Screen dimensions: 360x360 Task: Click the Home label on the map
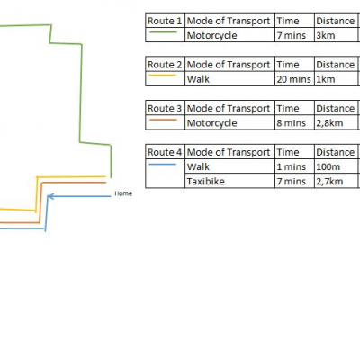pos(123,193)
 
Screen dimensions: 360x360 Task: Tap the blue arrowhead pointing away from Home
pos(50,196)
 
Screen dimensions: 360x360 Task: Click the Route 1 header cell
pos(165,21)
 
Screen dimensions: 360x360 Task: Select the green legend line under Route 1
pos(163,32)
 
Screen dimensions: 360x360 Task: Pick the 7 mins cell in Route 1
pos(294,35)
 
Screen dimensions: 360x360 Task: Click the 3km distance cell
pos(336,35)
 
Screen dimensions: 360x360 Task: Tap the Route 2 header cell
pos(165,65)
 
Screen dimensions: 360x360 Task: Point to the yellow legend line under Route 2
pos(163,76)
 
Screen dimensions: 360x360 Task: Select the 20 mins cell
pos(294,79)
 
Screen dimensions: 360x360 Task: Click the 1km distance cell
pos(336,79)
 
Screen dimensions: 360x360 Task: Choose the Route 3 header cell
pos(165,108)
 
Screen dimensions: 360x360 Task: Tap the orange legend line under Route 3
pos(163,120)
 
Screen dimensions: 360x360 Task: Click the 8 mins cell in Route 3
pos(294,123)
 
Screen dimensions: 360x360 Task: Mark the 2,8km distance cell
pos(336,123)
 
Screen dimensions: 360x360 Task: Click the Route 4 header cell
pos(165,152)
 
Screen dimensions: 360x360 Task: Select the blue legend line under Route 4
pos(163,164)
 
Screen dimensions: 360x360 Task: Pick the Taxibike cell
pos(229,181)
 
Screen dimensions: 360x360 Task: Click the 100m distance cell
pos(336,166)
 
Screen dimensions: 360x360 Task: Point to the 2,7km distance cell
pos(336,181)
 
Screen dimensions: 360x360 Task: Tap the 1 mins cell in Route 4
pos(294,166)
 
